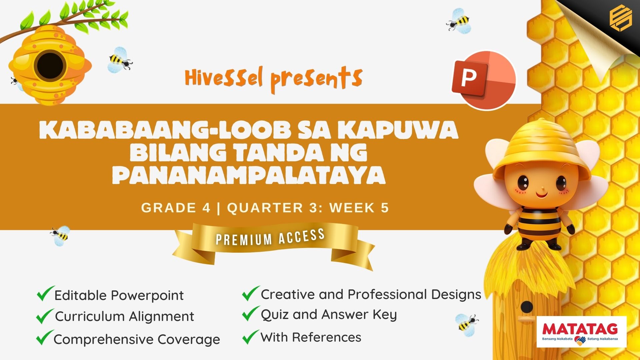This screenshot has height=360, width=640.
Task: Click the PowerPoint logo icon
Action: tap(484, 80)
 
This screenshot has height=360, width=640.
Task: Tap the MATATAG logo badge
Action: tap(581, 332)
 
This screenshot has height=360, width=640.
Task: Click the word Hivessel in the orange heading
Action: tap(224, 77)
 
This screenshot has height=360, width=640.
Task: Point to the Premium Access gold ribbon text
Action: tap(270, 237)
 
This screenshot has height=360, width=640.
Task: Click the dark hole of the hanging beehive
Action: tap(50, 66)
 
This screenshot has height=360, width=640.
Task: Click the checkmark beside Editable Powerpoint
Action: tap(45, 293)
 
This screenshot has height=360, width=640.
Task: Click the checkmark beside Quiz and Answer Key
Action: tap(251, 313)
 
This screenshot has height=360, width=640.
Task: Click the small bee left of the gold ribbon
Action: tap(60, 236)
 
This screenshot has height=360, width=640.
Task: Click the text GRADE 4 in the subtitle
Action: tap(176, 208)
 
